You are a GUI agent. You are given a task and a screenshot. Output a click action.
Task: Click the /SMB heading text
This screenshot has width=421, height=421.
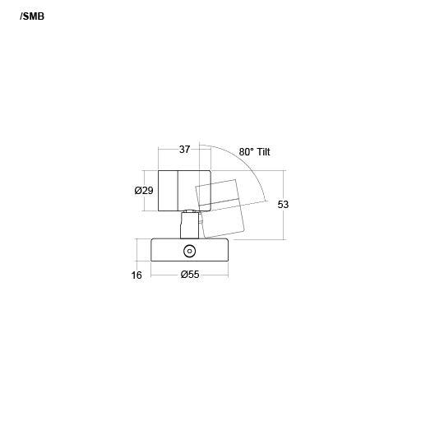click(32, 16)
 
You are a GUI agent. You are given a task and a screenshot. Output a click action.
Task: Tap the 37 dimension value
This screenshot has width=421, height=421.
click(184, 150)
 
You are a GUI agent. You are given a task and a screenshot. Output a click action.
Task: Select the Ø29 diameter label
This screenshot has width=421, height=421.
click(144, 190)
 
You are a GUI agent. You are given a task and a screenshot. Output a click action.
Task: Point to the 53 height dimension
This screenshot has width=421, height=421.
click(283, 205)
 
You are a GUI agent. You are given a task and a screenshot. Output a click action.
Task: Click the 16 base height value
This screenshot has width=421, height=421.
click(136, 275)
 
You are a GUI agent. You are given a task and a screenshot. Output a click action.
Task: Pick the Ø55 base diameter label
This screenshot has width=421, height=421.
click(190, 274)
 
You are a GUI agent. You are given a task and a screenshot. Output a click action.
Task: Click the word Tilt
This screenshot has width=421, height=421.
click(263, 151)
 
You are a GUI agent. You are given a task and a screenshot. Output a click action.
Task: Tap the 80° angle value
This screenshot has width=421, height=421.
click(247, 152)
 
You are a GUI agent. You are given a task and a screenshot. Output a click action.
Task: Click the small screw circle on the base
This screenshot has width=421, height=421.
click(189, 251)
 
